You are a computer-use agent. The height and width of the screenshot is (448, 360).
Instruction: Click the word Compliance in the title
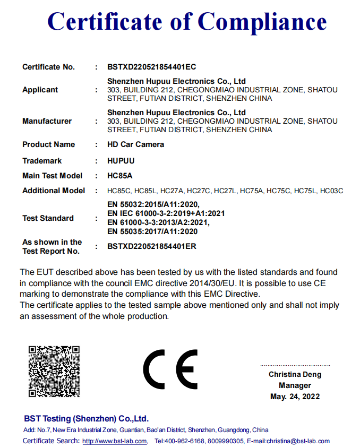tap(262, 22)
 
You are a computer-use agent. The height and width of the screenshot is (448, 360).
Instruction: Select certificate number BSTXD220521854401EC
tap(152, 67)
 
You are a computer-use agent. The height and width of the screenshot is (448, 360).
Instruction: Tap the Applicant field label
tap(40, 90)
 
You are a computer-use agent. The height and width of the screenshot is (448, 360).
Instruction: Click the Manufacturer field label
tap(47, 121)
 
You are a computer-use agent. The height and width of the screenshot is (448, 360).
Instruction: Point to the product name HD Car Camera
tap(135, 144)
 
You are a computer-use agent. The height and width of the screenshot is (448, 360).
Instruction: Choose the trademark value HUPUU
tap(121, 161)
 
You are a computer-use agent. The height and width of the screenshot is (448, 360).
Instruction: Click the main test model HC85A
tap(119, 176)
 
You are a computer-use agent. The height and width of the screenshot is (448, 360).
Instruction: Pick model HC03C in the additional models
tap(332, 191)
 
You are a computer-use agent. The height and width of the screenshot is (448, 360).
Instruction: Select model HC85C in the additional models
tap(119, 191)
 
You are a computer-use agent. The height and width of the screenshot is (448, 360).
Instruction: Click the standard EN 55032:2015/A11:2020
tap(153, 204)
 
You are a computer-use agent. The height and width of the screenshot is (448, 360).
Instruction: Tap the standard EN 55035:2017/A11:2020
tap(152, 231)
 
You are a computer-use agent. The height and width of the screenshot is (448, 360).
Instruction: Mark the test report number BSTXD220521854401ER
tap(152, 246)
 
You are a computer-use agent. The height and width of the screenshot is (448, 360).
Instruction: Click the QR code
tap(54, 371)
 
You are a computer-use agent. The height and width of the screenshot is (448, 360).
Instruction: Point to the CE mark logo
tap(170, 370)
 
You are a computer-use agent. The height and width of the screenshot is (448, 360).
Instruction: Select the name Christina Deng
tap(295, 375)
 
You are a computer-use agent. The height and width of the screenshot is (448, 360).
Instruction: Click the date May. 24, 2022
tap(295, 397)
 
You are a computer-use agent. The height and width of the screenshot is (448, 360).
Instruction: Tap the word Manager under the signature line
tap(295, 386)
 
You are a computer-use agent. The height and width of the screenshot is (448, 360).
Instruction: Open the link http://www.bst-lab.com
tap(114, 441)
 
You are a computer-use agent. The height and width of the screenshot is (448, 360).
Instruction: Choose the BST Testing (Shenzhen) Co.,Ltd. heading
tap(86, 419)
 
